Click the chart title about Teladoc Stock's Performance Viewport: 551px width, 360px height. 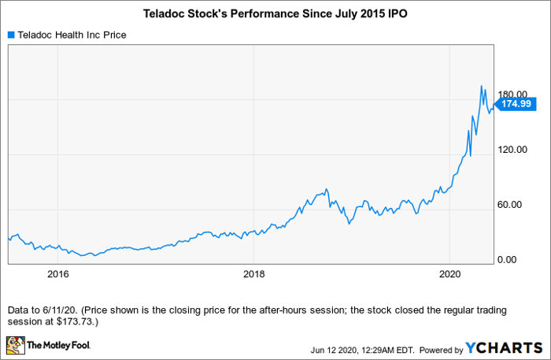(275, 13)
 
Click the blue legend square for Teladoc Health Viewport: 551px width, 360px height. (11, 35)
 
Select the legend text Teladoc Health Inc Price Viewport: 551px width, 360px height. (72, 35)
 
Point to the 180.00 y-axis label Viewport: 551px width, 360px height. (512, 95)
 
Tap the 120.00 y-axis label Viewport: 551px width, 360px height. (512, 150)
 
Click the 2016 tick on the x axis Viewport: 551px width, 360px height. (58, 274)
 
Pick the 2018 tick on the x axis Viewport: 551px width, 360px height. (253, 274)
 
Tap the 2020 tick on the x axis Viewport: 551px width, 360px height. (449, 274)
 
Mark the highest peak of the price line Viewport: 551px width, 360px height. (482, 86)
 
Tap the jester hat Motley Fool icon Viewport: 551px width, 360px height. (15, 344)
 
